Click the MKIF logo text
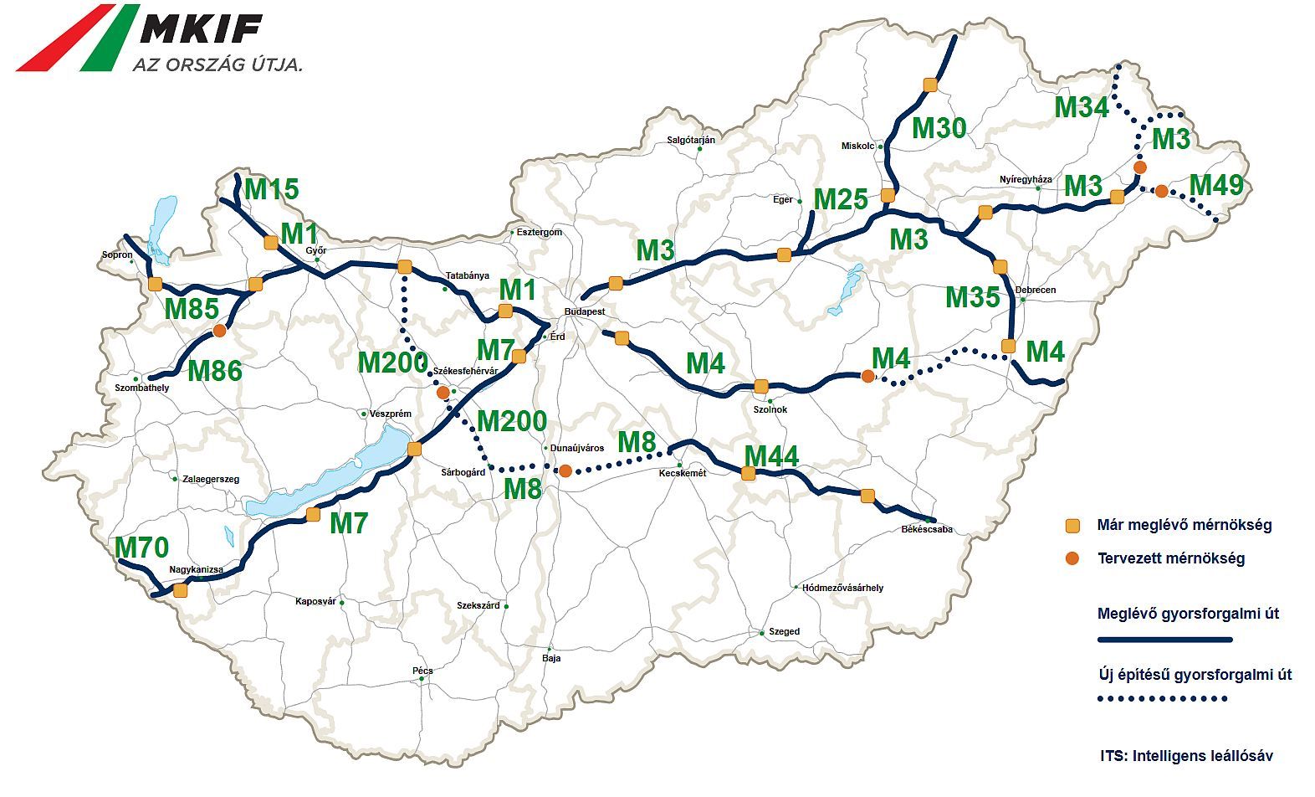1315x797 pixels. click(201, 28)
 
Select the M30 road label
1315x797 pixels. click(939, 128)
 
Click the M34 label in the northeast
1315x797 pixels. click(1081, 108)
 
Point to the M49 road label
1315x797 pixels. click(1217, 185)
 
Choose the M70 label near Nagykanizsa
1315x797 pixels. click(141, 548)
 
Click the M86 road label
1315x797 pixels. click(215, 370)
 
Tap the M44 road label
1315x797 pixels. click(771, 455)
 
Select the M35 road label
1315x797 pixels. click(972, 296)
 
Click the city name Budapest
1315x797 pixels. click(585, 311)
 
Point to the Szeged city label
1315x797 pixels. click(784, 632)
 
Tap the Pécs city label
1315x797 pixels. click(422, 671)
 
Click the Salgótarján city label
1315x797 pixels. click(691, 140)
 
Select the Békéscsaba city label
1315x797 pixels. click(927, 529)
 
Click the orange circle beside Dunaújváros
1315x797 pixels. click(565, 471)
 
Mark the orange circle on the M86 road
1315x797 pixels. click(219, 331)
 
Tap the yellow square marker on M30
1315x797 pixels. click(929, 85)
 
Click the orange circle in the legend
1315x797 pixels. click(1072, 558)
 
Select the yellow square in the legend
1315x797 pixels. click(1072, 525)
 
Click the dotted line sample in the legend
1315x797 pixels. click(1163, 698)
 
